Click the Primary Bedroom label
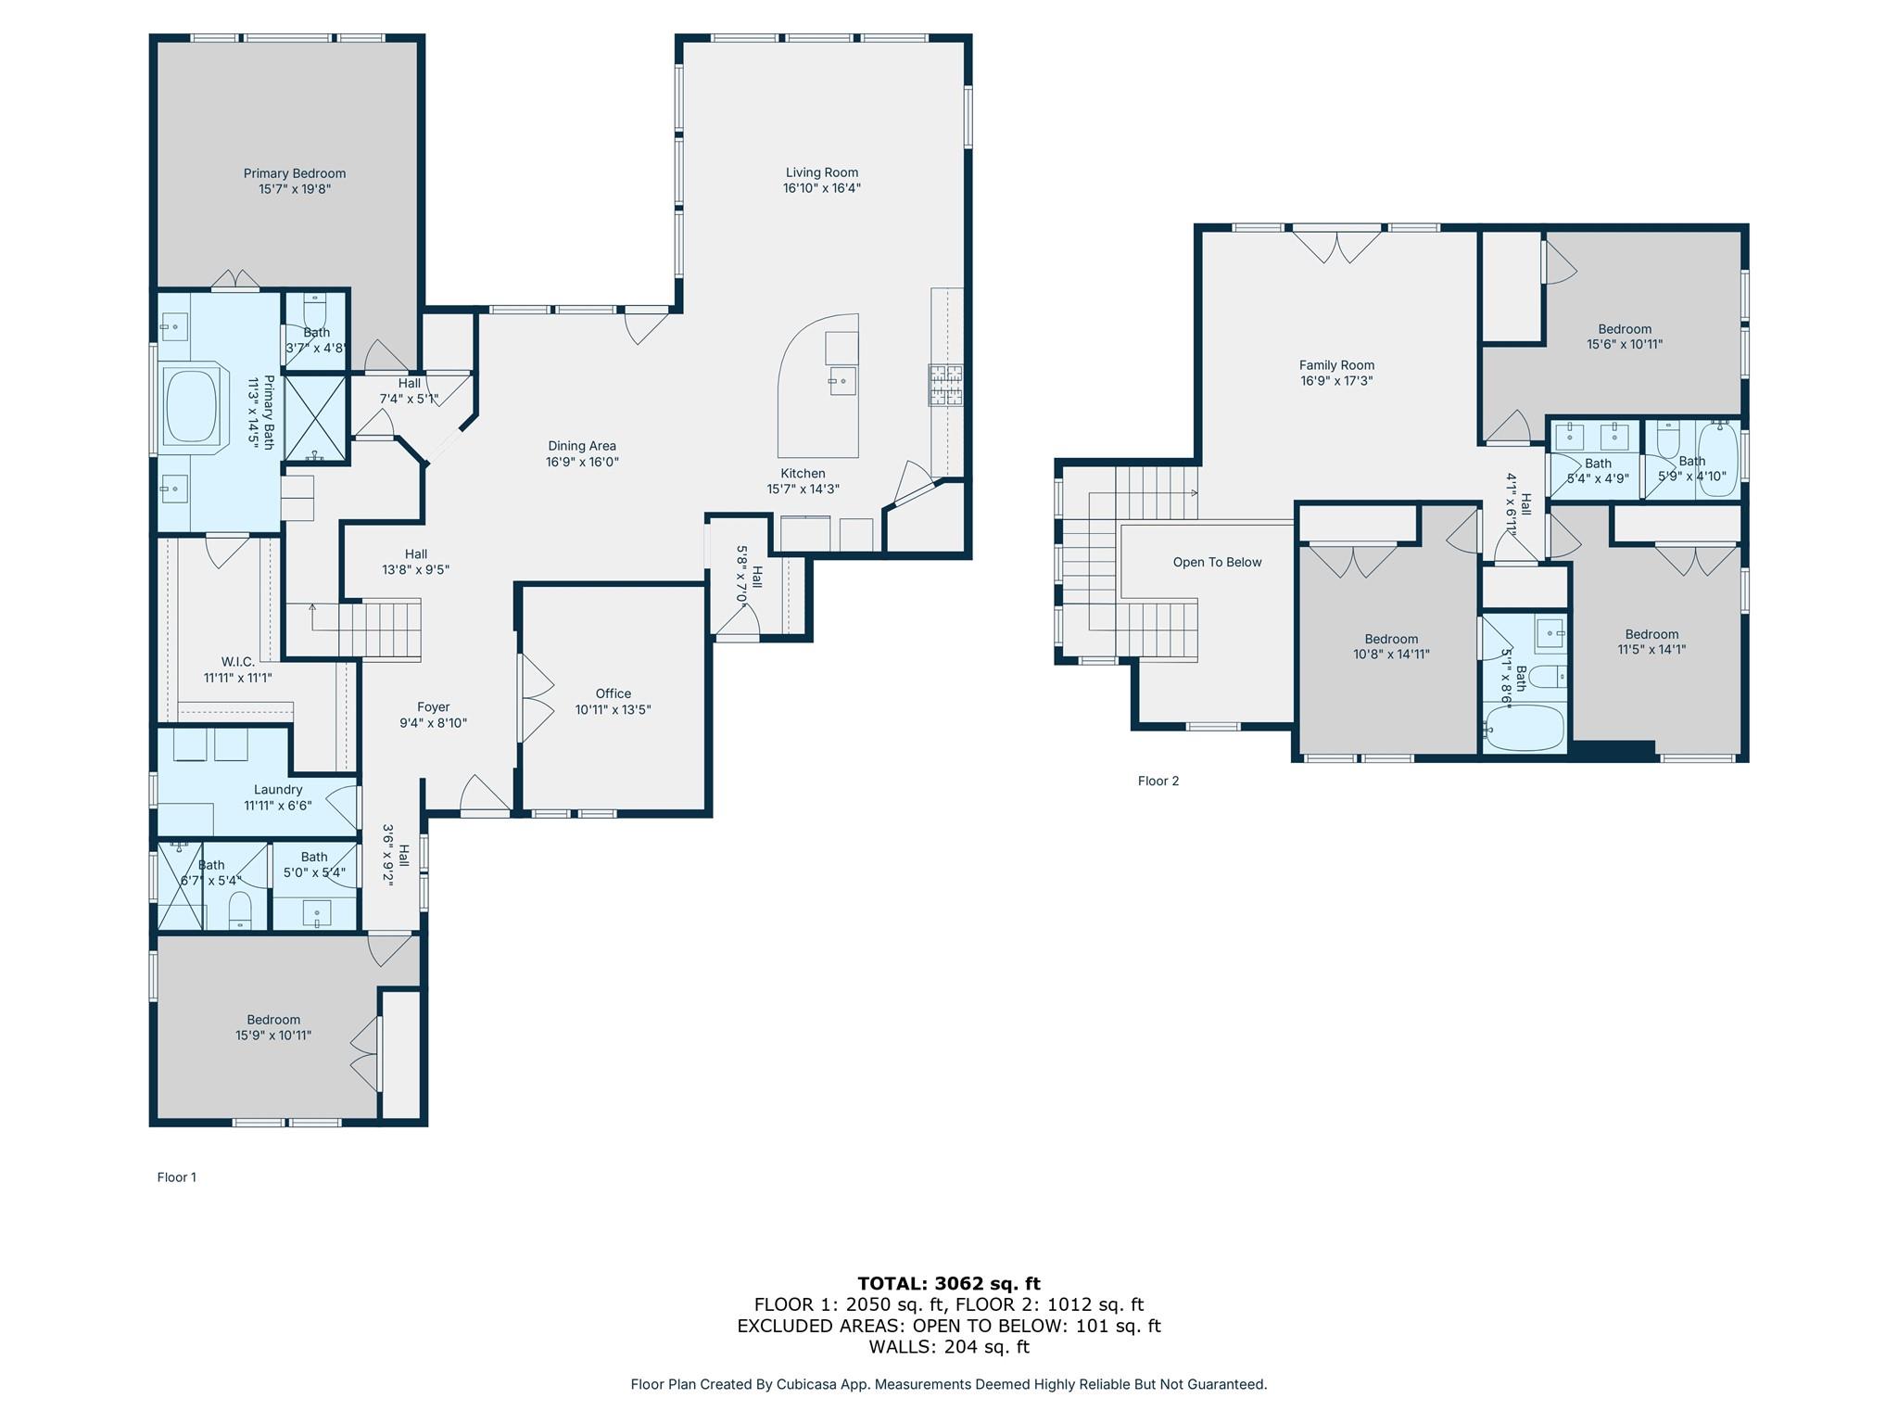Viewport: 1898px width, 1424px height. [295, 173]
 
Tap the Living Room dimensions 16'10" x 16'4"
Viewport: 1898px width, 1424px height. [821, 188]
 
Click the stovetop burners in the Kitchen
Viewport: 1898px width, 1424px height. [945, 386]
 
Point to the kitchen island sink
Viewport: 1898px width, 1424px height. [842, 380]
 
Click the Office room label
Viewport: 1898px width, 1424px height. [613, 693]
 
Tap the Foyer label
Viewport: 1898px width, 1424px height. [433, 706]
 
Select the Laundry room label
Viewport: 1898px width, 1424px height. [278, 790]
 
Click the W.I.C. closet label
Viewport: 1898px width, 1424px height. [237, 662]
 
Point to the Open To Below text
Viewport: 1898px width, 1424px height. [1217, 562]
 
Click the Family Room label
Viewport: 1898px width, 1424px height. [1336, 365]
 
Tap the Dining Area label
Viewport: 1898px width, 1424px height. [581, 446]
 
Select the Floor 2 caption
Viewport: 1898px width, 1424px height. [1158, 781]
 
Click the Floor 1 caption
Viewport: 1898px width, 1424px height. [177, 1177]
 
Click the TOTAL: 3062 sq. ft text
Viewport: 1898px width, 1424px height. [948, 1284]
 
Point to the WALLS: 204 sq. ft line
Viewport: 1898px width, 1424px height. [948, 1347]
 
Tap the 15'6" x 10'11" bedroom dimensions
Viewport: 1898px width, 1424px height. [1625, 344]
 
